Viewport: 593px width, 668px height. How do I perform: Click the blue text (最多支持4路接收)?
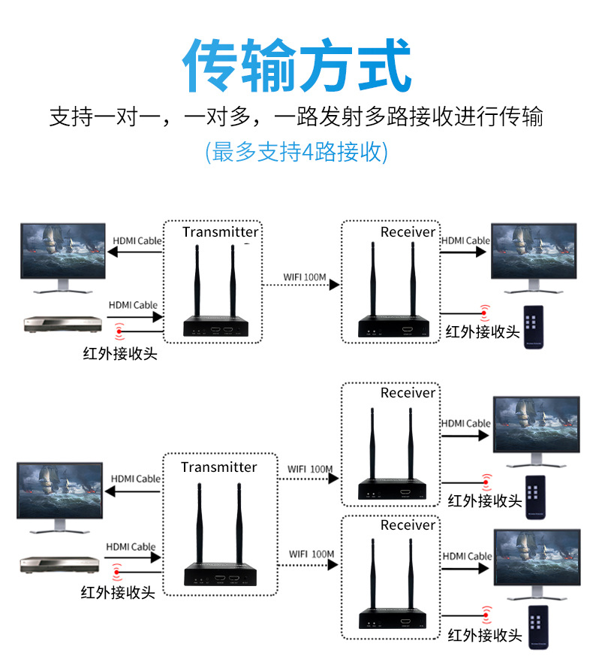tap(296, 152)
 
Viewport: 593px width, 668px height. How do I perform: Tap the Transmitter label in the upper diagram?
tap(220, 231)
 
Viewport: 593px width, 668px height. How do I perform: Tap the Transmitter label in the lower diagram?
tap(218, 467)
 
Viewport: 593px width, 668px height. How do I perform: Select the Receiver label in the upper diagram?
tap(408, 231)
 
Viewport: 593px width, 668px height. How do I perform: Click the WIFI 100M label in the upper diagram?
tap(304, 277)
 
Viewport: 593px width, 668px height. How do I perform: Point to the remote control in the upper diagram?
tap(532, 326)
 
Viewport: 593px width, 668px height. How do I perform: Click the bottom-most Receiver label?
tap(408, 524)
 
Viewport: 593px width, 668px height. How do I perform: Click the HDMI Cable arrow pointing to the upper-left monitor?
tap(136, 252)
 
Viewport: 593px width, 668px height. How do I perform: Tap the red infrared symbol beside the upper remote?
tap(485, 310)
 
